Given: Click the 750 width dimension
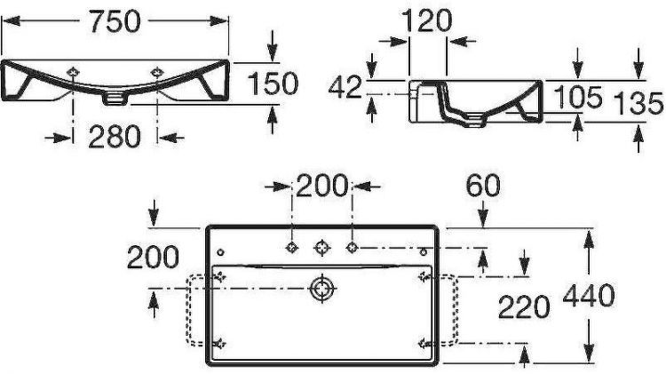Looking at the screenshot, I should pos(115,21).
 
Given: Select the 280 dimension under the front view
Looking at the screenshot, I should pos(115,137).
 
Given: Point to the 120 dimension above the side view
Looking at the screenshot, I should pos(426,20).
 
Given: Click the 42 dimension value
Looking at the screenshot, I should pos(346,87).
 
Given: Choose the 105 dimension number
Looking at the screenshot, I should pos(578,98).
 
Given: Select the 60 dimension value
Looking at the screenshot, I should pos(482,187).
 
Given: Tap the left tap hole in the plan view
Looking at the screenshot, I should pos(291,246).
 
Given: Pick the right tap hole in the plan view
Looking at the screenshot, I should pos(352,246).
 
